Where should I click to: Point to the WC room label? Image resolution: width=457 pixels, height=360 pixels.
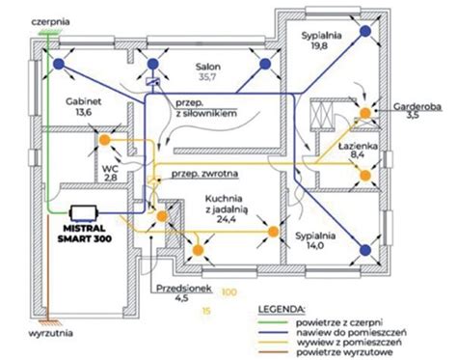111,169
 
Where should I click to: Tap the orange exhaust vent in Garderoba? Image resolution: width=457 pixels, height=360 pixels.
365,115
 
